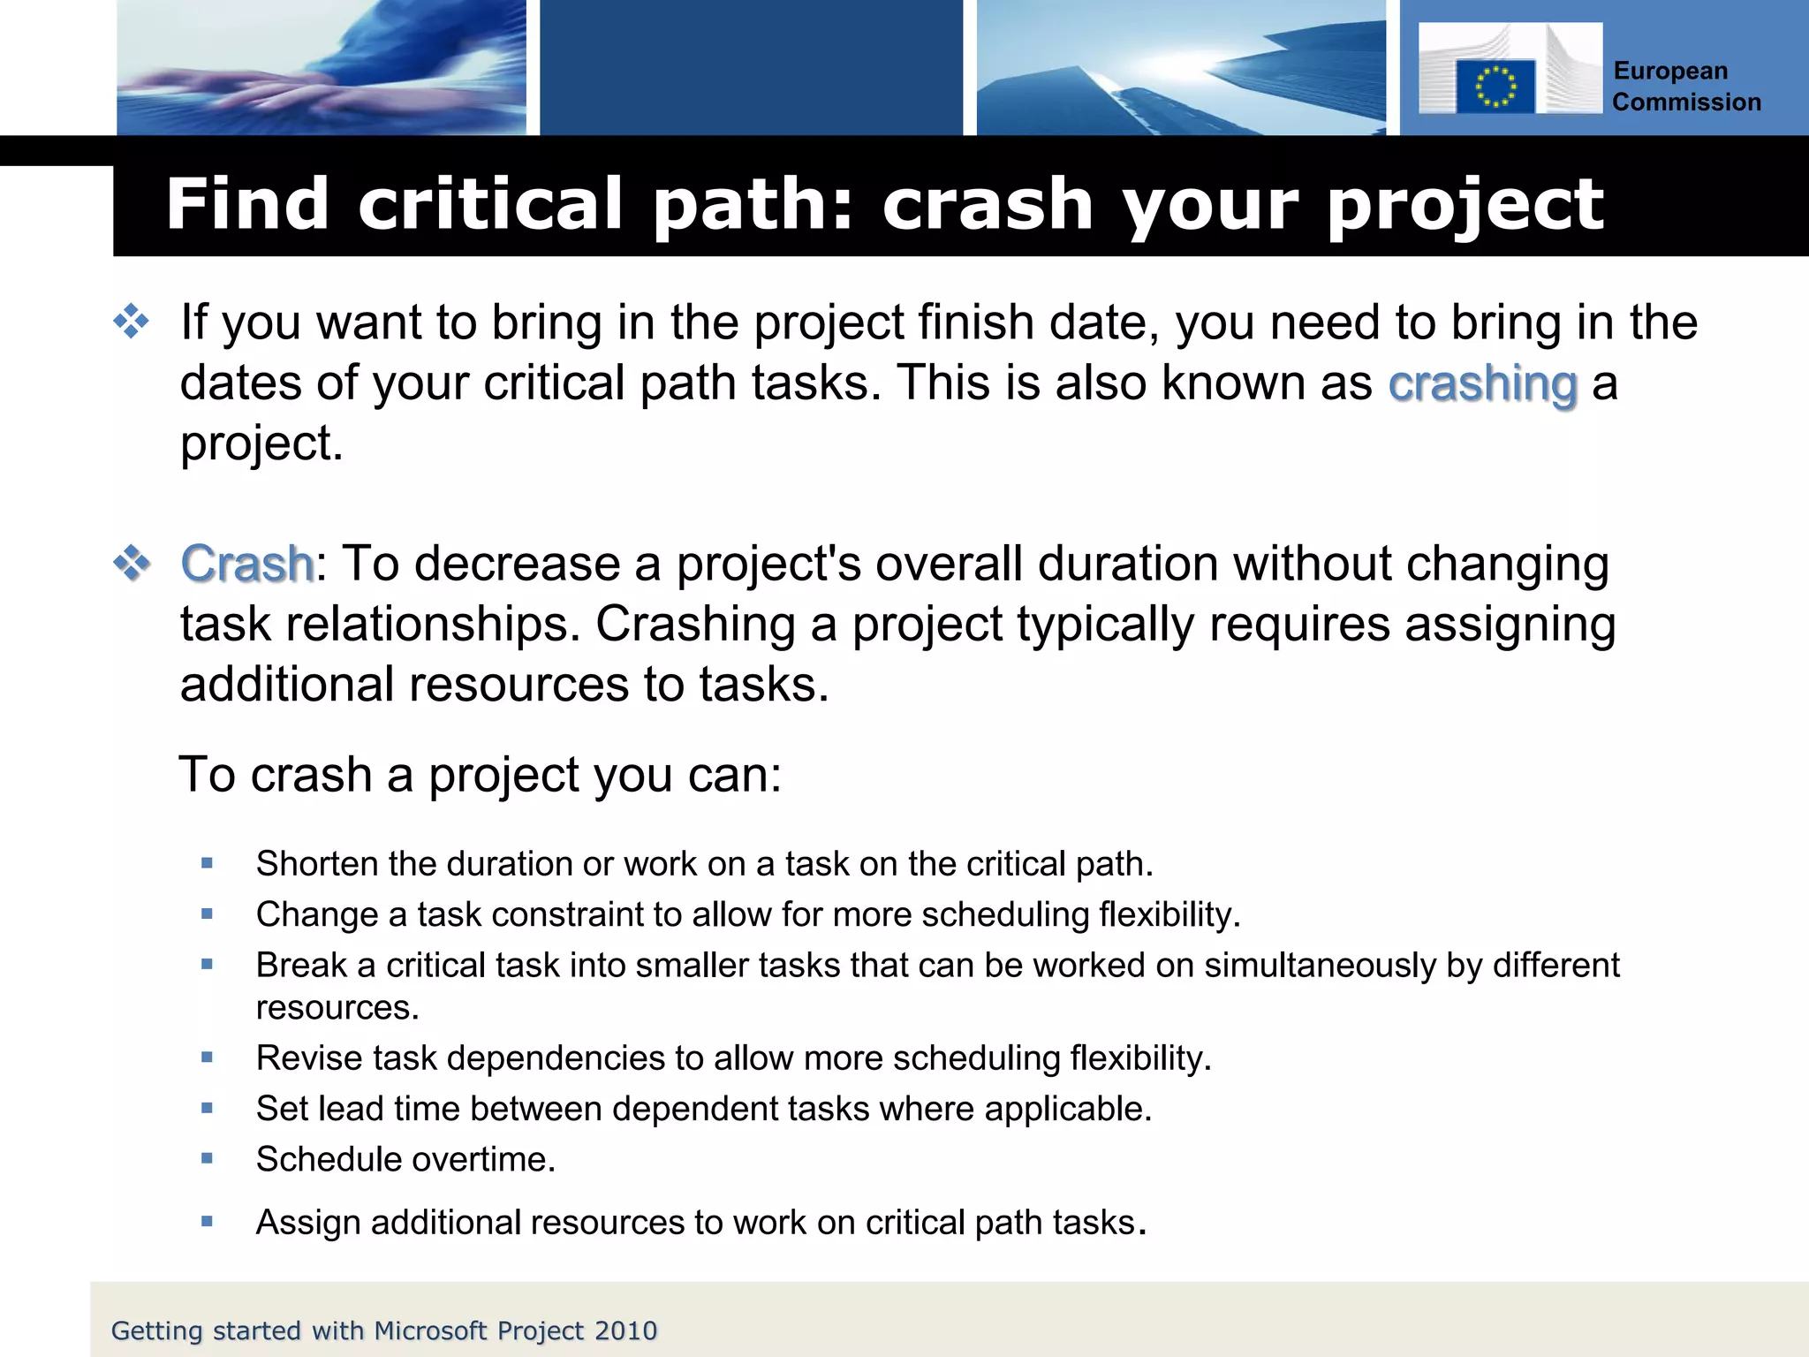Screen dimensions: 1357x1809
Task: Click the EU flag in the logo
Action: pos(1495,87)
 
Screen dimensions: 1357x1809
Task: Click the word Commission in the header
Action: pos(1686,102)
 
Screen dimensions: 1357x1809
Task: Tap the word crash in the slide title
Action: pos(988,205)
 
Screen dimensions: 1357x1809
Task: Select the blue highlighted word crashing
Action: pos(1482,384)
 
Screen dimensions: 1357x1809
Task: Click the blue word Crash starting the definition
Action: pos(246,565)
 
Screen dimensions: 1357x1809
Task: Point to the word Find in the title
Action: pos(247,205)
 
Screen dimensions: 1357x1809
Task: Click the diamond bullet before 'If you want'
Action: pos(132,322)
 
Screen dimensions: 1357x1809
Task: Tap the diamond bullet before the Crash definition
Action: pos(132,563)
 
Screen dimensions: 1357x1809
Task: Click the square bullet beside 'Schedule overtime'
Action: pos(208,1157)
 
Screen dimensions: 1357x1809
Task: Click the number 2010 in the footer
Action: pos(625,1331)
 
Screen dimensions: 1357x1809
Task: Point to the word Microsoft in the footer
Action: pos(431,1331)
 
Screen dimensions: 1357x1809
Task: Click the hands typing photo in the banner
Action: pos(322,68)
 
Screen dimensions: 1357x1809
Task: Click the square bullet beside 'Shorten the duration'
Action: pos(208,863)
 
